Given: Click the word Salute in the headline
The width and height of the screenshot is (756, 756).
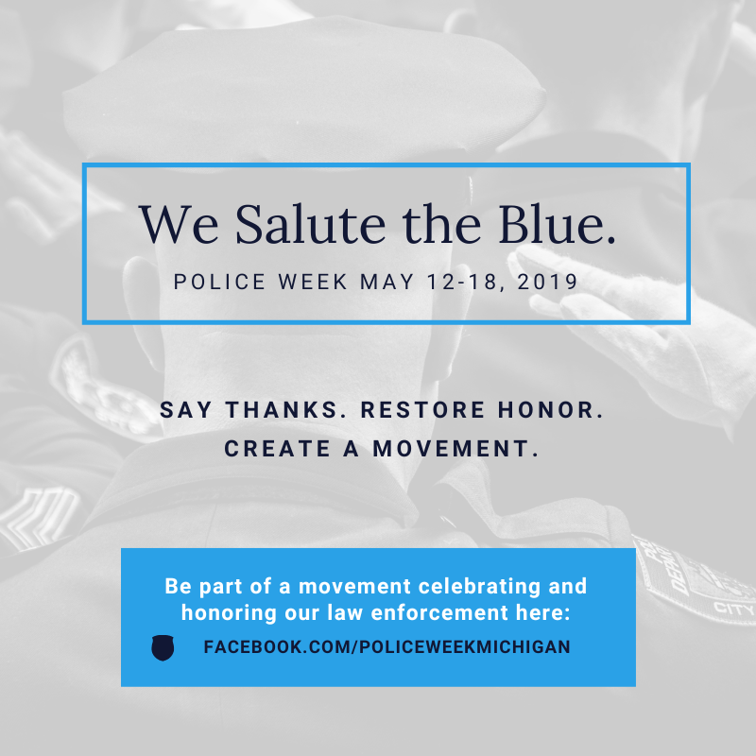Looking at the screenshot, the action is (311, 224).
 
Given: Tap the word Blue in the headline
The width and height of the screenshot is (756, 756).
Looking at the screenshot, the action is (557, 224).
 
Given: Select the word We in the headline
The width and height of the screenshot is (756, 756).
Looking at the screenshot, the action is (179, 224).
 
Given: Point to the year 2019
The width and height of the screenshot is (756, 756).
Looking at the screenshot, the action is (547, 282).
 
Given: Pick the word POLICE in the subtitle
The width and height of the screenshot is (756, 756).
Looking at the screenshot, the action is (220, 282).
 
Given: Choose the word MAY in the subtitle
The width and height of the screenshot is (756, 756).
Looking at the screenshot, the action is (387, 282).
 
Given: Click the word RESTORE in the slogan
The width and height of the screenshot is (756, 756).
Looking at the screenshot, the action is (422, 410).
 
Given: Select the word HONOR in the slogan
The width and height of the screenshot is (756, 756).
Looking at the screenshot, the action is (550, 410).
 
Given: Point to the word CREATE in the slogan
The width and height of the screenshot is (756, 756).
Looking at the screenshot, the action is (277, 448).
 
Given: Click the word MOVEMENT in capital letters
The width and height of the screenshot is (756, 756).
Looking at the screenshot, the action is (455, 448).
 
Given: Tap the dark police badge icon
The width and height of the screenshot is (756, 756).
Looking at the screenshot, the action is (163, 647).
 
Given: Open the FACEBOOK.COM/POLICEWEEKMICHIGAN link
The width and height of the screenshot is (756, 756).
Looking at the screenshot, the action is (387, 646).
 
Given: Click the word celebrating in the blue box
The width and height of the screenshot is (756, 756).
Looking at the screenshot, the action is (479, 586).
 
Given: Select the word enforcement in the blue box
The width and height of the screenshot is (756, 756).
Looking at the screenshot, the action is (439, 612).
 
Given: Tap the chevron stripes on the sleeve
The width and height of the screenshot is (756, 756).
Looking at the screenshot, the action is (39, 518).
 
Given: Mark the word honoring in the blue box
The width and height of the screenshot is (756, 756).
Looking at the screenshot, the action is (229, 613).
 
